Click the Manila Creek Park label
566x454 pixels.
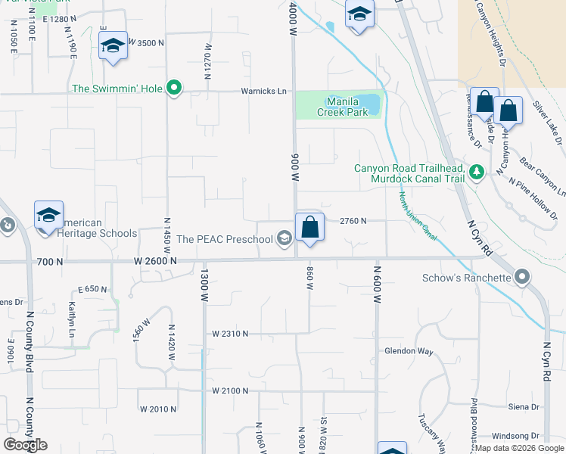click(347, 107)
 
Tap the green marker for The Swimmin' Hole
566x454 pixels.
click(174, 89)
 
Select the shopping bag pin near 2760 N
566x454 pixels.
click(310, 227)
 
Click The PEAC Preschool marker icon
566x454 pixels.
click(285, 239)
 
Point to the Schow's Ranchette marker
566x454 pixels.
click(522, 278)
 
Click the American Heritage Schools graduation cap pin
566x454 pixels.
click(48, 215)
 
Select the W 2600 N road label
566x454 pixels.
click(155, 261)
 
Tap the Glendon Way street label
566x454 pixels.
click(409, 351)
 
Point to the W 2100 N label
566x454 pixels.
click(230, 390)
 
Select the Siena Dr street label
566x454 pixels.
click(524, 406)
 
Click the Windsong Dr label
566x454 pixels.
click(515, 436)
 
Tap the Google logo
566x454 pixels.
click(26, 444)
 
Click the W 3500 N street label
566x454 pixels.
click(146, 43)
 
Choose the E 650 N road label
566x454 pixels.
click(92, 289)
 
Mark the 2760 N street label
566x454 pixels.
click(353, 221)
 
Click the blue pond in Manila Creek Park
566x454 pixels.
click(368, 101)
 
